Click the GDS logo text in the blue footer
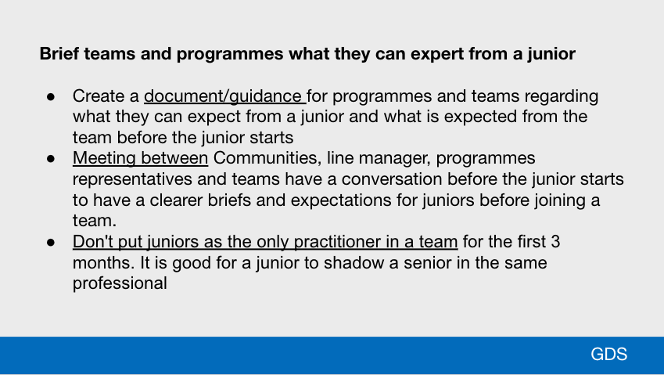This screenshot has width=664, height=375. (609, 354)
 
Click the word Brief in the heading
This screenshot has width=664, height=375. (59, 54)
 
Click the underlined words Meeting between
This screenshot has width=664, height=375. (140, 158)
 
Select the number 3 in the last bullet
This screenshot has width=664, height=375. (555, 242)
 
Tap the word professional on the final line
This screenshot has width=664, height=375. (120, 283)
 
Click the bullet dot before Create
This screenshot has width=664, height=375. (51, 97)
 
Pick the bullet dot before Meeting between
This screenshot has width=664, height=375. (51, 159)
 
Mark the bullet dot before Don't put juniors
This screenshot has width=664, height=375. (51, 243)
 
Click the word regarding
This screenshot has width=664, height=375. (561, 96)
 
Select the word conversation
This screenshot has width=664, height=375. (392, 178)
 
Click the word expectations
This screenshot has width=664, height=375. (341, 200)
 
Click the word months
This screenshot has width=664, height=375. (103, 263)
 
